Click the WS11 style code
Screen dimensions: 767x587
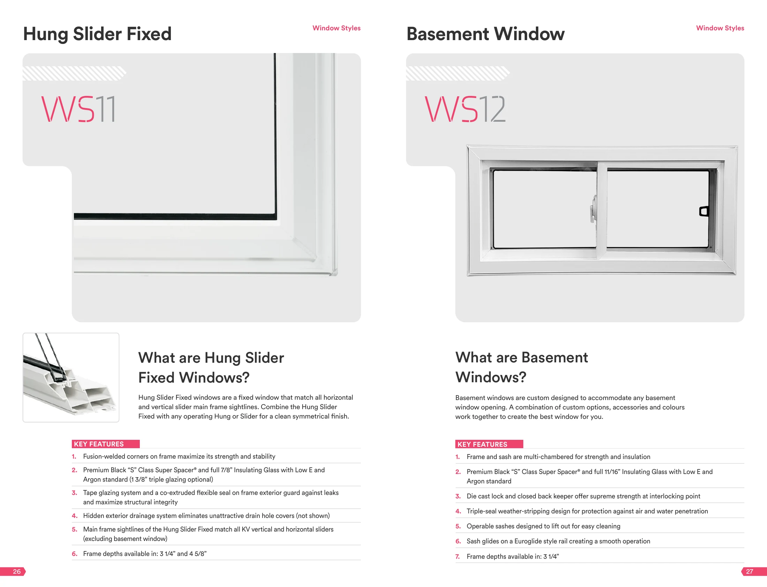(78, 109)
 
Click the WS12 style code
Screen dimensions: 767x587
(465, 109)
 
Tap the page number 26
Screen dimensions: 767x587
(16, 572)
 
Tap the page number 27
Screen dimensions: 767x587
(750, 572)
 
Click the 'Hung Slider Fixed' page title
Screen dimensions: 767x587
(98, 34)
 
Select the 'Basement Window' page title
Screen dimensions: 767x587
(486, 34)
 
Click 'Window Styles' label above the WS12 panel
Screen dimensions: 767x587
(720, 28)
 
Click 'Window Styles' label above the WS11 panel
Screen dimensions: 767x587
(336, 28)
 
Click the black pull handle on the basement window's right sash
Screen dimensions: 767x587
(704, 211)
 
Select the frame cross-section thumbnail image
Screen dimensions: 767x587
(71, 377)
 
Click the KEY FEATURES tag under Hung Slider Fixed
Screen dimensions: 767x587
(106, 444)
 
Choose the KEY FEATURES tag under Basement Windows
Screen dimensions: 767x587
(489, 444)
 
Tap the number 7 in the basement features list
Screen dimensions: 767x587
(457, 557)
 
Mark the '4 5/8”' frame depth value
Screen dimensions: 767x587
(198, 554)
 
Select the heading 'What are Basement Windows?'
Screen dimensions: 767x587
(522, 367)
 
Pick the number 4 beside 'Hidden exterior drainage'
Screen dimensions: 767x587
(74, 516)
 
